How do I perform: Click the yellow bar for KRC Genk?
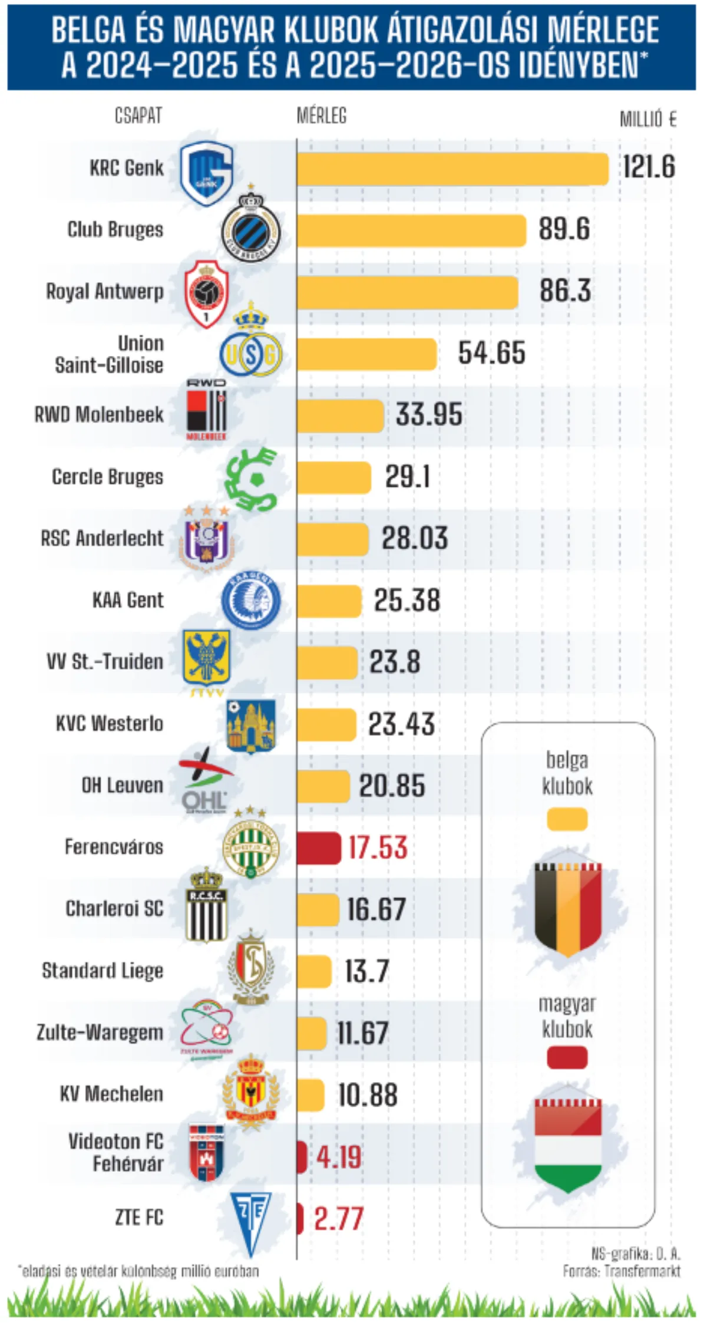point(452,169)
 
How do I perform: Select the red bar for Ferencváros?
point(319,847)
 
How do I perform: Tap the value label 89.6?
point(564,230)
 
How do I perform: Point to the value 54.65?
point(491,353)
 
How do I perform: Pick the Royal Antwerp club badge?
point(206,293)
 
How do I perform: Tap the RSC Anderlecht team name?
point(102,539)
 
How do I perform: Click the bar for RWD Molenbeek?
point(340,415)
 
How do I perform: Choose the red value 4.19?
point(338,1157)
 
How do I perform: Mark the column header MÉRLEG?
point(322,116)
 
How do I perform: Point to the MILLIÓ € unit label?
point(647,120)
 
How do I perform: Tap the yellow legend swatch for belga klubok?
point(567,819)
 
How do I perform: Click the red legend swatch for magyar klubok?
point(567,1057)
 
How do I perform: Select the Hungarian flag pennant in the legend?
point(568,1142)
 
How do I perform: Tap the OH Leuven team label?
point(122,786)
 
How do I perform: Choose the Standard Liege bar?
point(314,971)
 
